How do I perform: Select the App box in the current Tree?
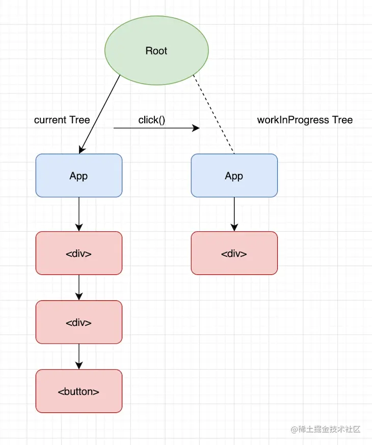tap(79, 176)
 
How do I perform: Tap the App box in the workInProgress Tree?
tap(234, 176)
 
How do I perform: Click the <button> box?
tap(79, 391)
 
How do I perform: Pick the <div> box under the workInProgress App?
tap(234, 253)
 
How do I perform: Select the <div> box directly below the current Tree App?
tap(79, 253)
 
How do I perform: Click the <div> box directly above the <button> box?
tap(79, 322)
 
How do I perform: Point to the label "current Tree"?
tap(62, 120)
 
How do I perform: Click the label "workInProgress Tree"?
tap(305, 120)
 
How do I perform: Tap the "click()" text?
tap(152, 120)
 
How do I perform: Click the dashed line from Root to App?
tap(214, 115)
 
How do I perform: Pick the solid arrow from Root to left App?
tap(100, 113)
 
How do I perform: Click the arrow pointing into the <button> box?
tap(79, 356)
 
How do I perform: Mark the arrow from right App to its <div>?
tap(234, 214)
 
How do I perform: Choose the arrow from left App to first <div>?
tap(79, 214)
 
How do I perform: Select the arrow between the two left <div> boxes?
tap(79, 287)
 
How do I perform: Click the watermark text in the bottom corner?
tap(326, 429)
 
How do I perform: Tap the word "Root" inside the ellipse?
tap(156, 51)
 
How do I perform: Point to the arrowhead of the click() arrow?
tap(196, 128)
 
